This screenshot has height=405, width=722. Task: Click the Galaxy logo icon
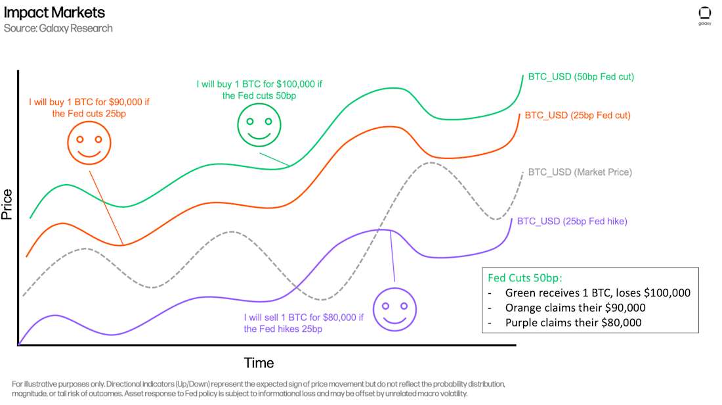click(x=704, y=14)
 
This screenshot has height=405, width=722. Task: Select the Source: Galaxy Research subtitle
click(x=58, y=28)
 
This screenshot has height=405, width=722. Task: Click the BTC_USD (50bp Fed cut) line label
click(x=580, y=76)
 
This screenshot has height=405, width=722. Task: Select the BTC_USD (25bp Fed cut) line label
click(x=578, y=115)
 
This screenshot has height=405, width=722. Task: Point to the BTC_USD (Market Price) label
click(x=580, y=172)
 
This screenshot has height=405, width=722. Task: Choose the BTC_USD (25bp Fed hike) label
click(x=572, y=222)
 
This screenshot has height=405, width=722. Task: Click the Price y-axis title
click(x=7, y=204)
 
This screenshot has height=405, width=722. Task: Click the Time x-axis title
click(x=259, y=363)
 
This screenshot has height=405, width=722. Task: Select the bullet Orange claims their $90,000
click(x=575, y=308)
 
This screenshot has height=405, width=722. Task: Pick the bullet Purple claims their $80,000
click(x=573, y=322)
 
